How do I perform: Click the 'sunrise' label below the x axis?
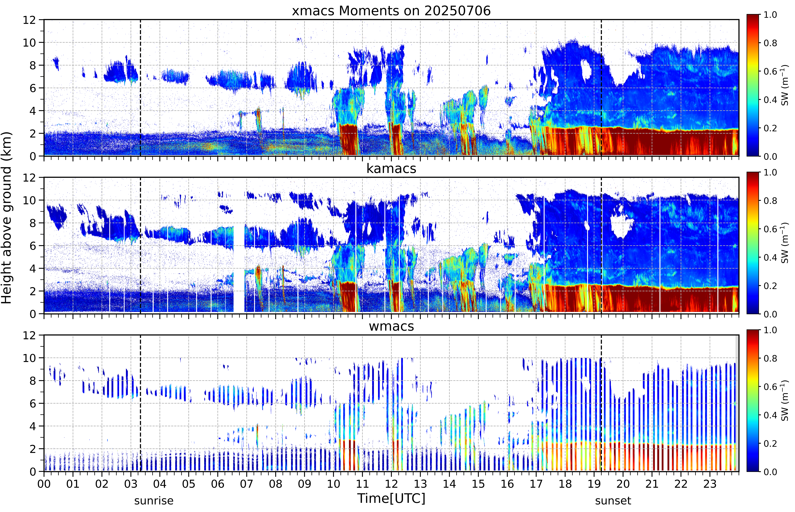154,500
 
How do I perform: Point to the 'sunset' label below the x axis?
613,500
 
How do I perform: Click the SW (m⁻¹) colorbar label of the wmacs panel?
785,401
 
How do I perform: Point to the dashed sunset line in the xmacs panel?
601,88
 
